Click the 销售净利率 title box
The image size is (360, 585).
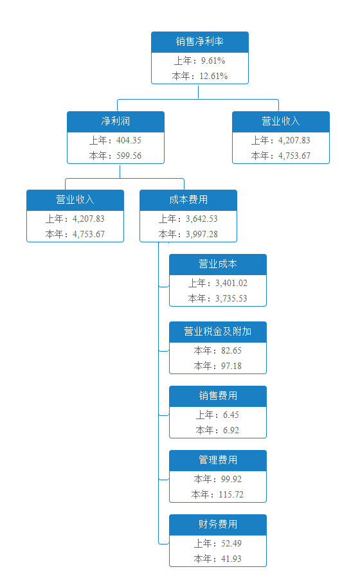tap(199, 42)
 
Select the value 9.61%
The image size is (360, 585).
tap(213, 61)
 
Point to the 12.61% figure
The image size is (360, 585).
tap(213, 76)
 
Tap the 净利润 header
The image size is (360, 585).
tap(116, 122)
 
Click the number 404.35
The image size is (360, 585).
tap(129, 141)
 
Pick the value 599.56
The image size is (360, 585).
tap(129, 156)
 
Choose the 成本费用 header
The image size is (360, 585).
tap(188, 200)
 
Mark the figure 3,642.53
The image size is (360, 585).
tap(202, 219)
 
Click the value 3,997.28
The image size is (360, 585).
tap(202, 234)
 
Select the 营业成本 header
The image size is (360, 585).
tap(218, 264)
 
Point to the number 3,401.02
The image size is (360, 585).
tap(231, 283)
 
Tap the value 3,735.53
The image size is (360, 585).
tap(231, 298)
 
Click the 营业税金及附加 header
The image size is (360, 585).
tap(218, 332)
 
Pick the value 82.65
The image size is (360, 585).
tap(231, 351)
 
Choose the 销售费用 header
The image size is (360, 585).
tap(218, 396)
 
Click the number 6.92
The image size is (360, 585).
tap(231, 430)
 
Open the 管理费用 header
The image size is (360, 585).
tap(218, 460)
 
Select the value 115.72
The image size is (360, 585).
tap(231, 495)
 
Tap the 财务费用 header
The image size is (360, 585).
tap(218, 525)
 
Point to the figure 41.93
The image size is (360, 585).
tap(231, 559)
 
